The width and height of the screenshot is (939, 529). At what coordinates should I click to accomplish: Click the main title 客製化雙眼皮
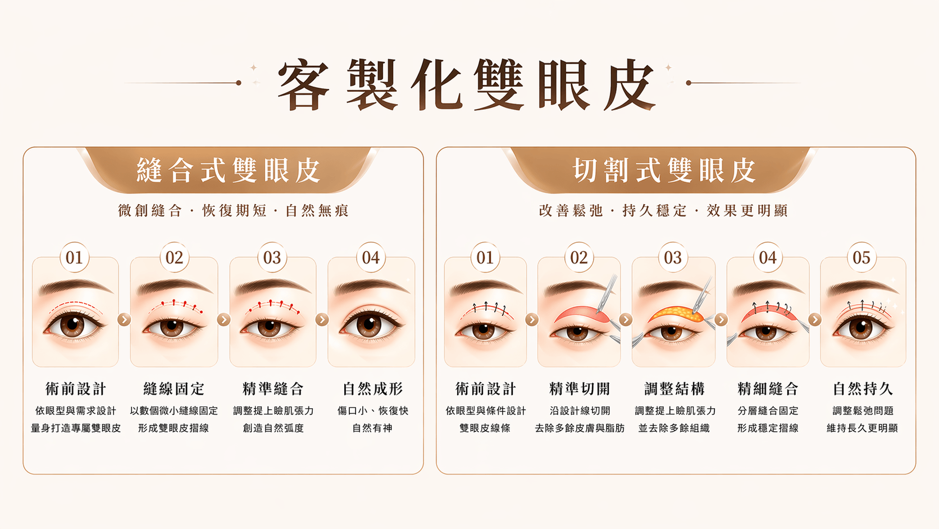pos(467,84)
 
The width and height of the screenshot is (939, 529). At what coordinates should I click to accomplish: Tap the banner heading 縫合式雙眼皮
pos(229,171)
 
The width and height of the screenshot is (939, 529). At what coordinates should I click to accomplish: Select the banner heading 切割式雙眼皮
pos(664,171)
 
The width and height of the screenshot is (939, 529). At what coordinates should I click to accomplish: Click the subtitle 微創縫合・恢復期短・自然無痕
pos(234,210)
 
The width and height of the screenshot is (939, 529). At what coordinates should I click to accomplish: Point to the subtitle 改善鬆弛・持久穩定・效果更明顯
pos(664,210)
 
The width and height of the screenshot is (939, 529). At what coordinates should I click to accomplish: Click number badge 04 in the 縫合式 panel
pos(371,257)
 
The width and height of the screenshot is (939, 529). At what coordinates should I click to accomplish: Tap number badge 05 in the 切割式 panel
pos(861,257)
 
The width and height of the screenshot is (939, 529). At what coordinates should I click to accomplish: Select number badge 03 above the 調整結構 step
pos(673,257)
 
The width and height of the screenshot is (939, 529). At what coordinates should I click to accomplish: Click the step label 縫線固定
pos(174,389)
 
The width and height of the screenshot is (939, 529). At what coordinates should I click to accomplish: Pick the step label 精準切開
pos(580,389)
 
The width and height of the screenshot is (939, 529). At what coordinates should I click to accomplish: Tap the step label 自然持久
pos(863,389)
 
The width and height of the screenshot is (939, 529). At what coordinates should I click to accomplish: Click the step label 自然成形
pos(372,389)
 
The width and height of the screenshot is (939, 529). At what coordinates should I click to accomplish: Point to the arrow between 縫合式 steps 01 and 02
pos(124,320)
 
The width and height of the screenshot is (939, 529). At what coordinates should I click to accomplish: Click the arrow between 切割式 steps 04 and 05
pos(815,320)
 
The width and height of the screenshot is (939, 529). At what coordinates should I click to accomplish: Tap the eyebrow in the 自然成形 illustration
pos(371,286)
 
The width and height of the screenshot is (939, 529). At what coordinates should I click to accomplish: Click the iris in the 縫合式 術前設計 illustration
pos(72,325)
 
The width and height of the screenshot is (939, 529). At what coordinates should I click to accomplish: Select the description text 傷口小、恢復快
pos(373,411)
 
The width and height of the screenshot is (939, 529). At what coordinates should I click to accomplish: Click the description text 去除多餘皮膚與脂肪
pos(580,428)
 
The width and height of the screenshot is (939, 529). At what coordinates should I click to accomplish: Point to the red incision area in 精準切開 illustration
pos(581,314)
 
